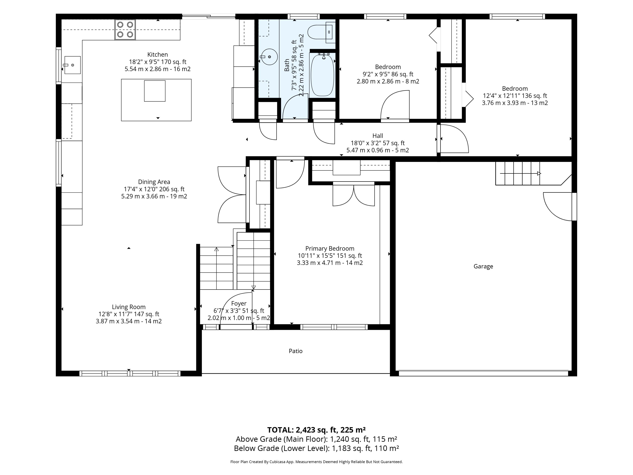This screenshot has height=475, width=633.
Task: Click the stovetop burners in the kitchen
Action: [x=125, y=30]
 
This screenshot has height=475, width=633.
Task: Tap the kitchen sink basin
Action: [x=72, y=65]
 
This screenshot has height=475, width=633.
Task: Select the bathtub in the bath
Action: [x=322, y=75]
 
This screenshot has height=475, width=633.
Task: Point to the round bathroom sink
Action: [x=269, y=57]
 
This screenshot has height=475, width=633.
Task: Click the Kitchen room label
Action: [x=157, y=54]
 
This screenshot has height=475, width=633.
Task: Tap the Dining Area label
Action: [x=154, y=182]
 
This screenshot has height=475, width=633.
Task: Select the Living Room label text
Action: [x=129, y=307]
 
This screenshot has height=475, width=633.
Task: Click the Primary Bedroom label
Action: [x=330, y=249]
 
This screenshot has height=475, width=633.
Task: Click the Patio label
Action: [x=296, y=351]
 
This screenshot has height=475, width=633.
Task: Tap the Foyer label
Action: [x=239, y=303]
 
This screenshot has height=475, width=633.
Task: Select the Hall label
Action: [x=378, y=136]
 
